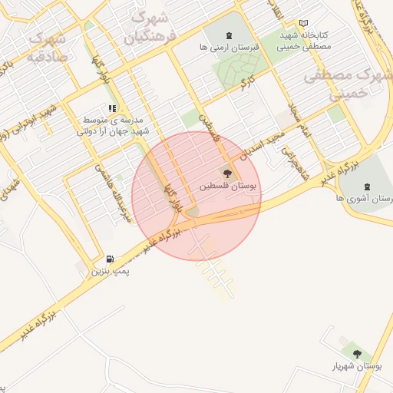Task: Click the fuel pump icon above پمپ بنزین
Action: [x=110, y=259]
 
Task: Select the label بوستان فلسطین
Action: [x=230, y=187]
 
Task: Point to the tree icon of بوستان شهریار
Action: [x=356, y=353]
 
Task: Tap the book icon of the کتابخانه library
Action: [x=303, y=24]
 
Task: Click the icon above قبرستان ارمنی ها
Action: [x=228, y=35]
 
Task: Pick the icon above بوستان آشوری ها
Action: [x=365, y=185]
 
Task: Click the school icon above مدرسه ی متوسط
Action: [x=112, y=108]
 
